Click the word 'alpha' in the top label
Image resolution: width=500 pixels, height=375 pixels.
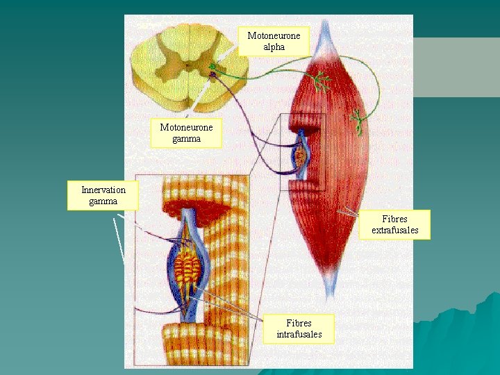tap(274, 47)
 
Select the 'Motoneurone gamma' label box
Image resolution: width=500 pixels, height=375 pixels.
tap(186, 133)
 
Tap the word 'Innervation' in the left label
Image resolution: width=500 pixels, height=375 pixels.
tap(103, 190)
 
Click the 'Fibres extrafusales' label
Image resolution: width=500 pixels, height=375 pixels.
tap(395, 224)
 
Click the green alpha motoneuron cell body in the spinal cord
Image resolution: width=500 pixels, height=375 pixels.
tap(212, 67)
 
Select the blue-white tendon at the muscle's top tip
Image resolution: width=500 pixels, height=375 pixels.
tap(325, 35)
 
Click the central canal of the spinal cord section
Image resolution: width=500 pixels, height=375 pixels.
tap(186, 68)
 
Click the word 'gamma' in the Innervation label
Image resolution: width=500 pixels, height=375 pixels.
tap(103, 201)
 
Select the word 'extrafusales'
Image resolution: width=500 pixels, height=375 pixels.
tap(395, 230)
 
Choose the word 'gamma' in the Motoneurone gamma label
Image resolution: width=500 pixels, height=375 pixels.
tap(186, 138)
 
